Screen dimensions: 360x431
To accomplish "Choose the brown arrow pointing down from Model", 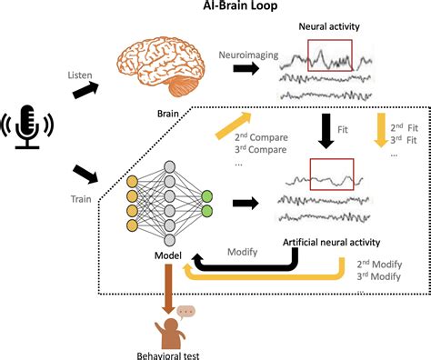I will click(x=168, y=290).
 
